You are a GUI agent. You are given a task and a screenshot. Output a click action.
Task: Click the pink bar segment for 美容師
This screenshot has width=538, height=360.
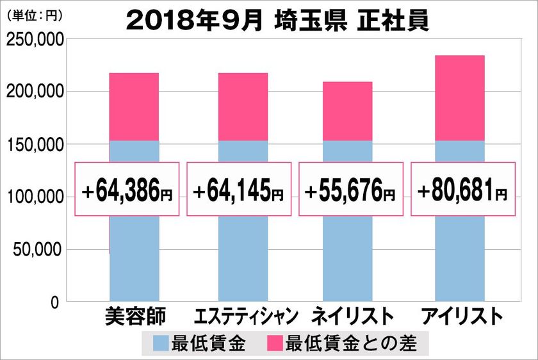[x=134, y=106]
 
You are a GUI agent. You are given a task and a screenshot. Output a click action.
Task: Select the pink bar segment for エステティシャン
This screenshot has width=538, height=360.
[x=243, y=106]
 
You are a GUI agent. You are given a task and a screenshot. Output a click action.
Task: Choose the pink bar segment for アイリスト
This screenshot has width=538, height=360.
[x=459, y=97]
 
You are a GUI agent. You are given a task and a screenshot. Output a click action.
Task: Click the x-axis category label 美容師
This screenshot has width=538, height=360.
[x=134, y=316]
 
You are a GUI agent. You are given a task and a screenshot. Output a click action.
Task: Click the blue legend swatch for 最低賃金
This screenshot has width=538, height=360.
[x=160, y=343]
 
